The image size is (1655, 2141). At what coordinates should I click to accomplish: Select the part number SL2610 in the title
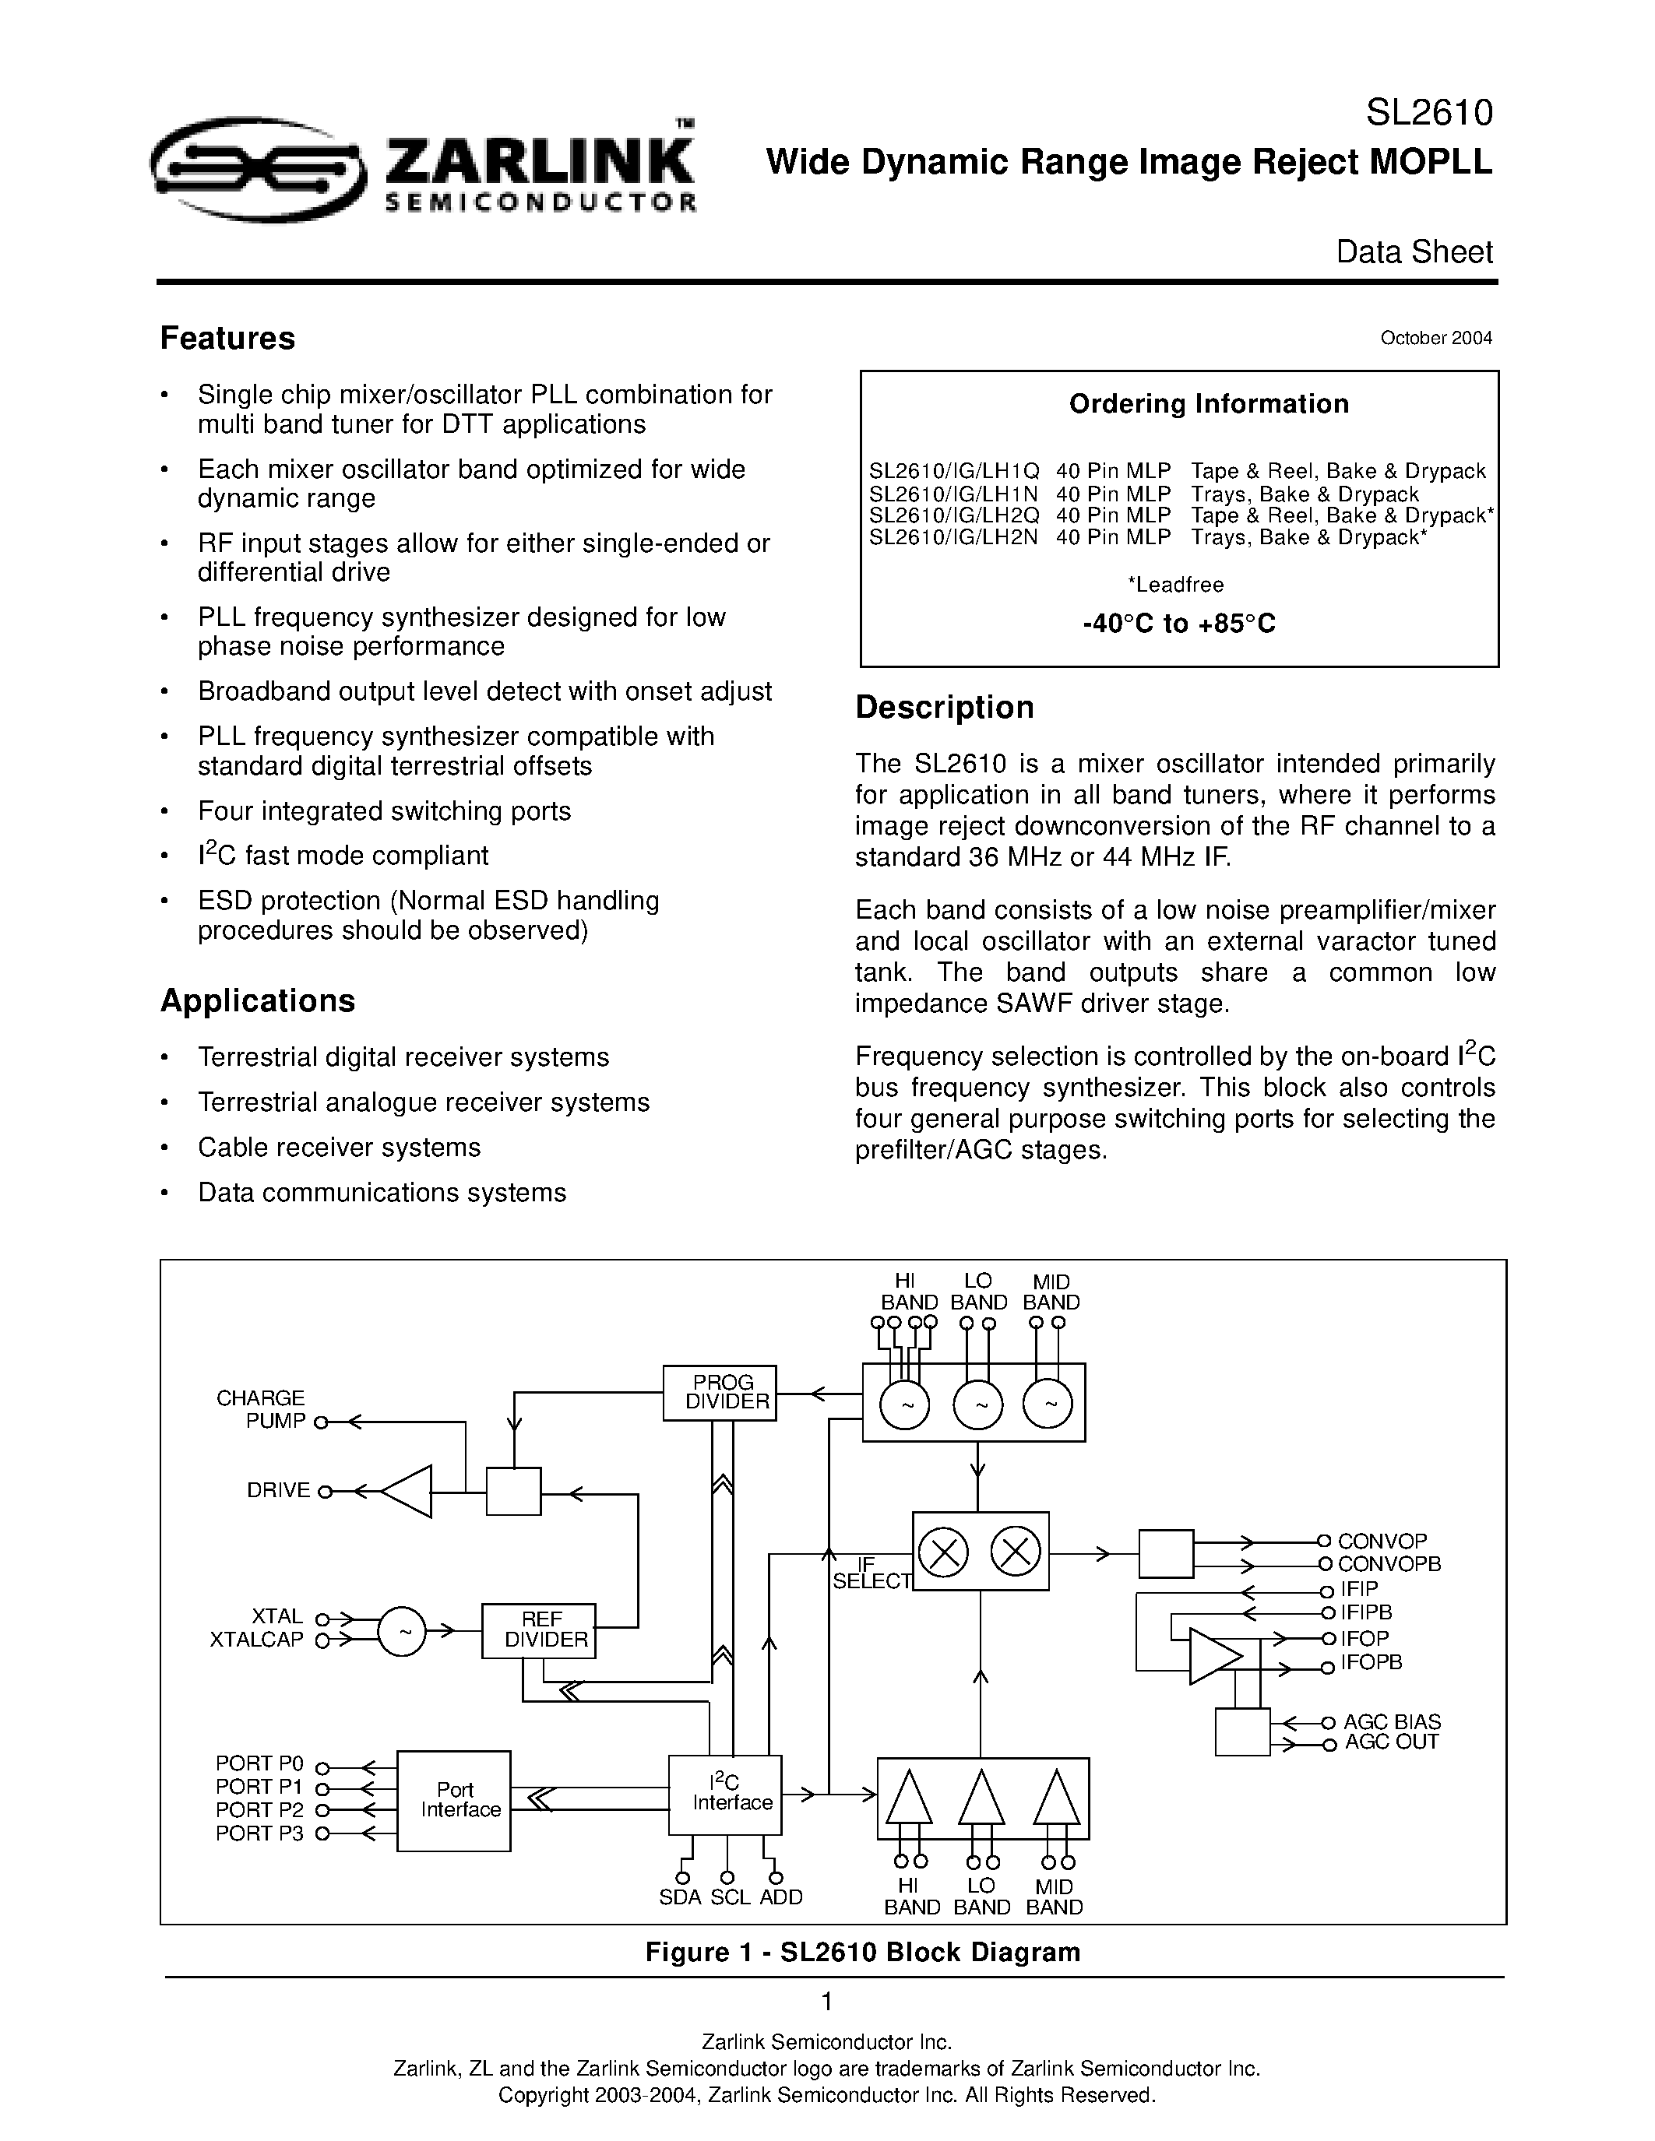pyautogui.click(x=1428, y=114)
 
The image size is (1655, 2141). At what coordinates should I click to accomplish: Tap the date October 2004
pyautogui.click(x=1435, y=338)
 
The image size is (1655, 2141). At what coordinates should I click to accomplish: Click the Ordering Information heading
pyautogui.click(x=1208, y=404)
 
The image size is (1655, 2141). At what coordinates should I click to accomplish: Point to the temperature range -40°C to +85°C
pyautogui.click(x=1178, y=624)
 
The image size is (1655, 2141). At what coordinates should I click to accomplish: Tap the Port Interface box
pyautogui.click(x=455, y=1800)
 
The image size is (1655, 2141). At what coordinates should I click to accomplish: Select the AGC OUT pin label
pyautogui.click(x=1390, y=1742)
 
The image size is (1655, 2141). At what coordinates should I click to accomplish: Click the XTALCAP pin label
pyautogui.click(x=257, y=1640)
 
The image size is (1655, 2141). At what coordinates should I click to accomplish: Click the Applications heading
pyautogui.click(x=257, y=1001)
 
